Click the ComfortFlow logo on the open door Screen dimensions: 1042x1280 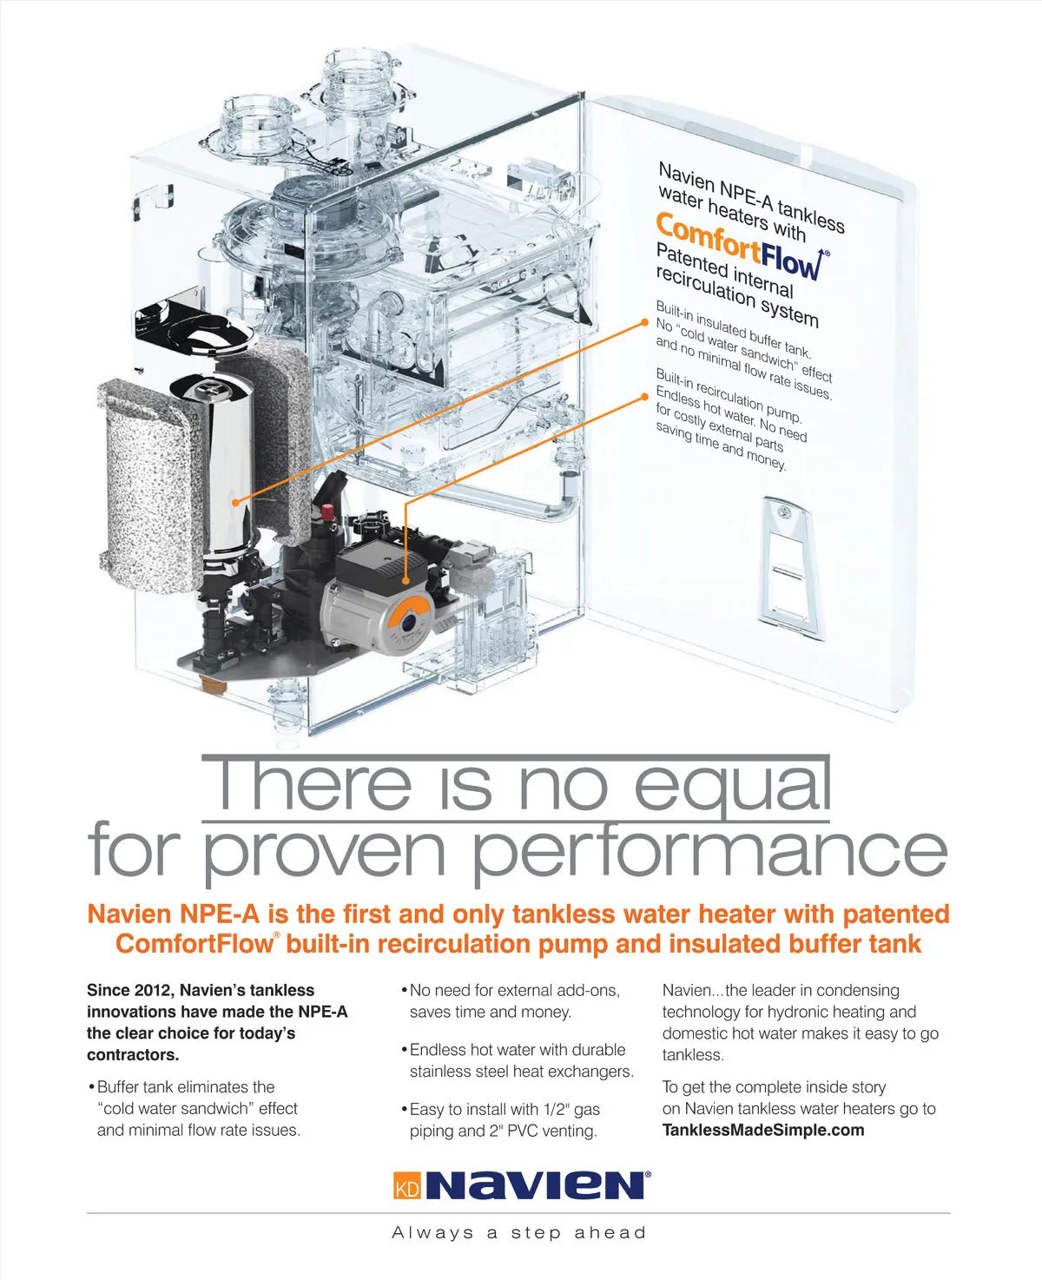click(x=742, y=246)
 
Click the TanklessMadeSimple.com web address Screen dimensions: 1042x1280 click(x=763, y=1131)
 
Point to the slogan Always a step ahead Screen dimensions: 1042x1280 click(x=519, y=1233)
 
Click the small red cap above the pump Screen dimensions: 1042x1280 click(x=326, y=512)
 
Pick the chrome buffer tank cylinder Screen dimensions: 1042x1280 click(x=228, y=469)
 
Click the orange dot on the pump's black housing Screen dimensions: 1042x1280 click(x=406, y=581)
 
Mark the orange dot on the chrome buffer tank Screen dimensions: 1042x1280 click(x=236, y=503)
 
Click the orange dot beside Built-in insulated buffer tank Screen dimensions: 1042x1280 click(x=645, y=323)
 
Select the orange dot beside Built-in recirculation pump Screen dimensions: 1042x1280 click(x=645, y=397)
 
